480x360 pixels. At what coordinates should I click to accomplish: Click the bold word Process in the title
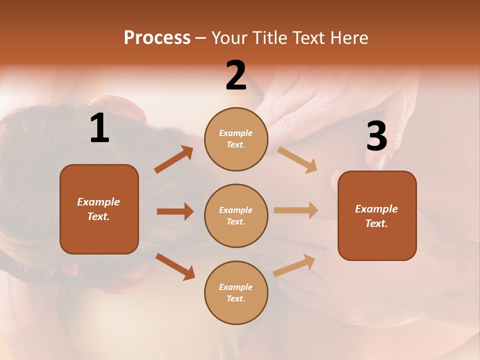coord(157,37)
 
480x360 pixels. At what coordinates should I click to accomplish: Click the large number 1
coord(99,128)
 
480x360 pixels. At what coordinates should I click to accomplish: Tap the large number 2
coord(236,75)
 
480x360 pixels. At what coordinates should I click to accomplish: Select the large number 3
coord(376,136)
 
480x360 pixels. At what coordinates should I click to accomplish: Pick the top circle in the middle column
coord(236,139)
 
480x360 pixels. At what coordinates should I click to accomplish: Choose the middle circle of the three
coord(236,215)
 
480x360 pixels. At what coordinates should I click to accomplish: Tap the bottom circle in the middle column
coord(236,292)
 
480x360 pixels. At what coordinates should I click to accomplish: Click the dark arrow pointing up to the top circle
coord(173,159)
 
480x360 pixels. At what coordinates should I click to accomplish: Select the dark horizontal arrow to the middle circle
coord(175,211)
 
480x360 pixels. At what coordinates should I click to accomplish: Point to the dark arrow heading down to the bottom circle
coord(175,266)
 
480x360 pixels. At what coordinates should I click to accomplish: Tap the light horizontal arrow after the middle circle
coord(296,210)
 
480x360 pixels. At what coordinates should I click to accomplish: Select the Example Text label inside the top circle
coord(236,139)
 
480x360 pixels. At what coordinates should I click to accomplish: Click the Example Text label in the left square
coord(98,209)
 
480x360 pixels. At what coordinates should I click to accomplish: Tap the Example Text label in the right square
coord(376,216)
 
